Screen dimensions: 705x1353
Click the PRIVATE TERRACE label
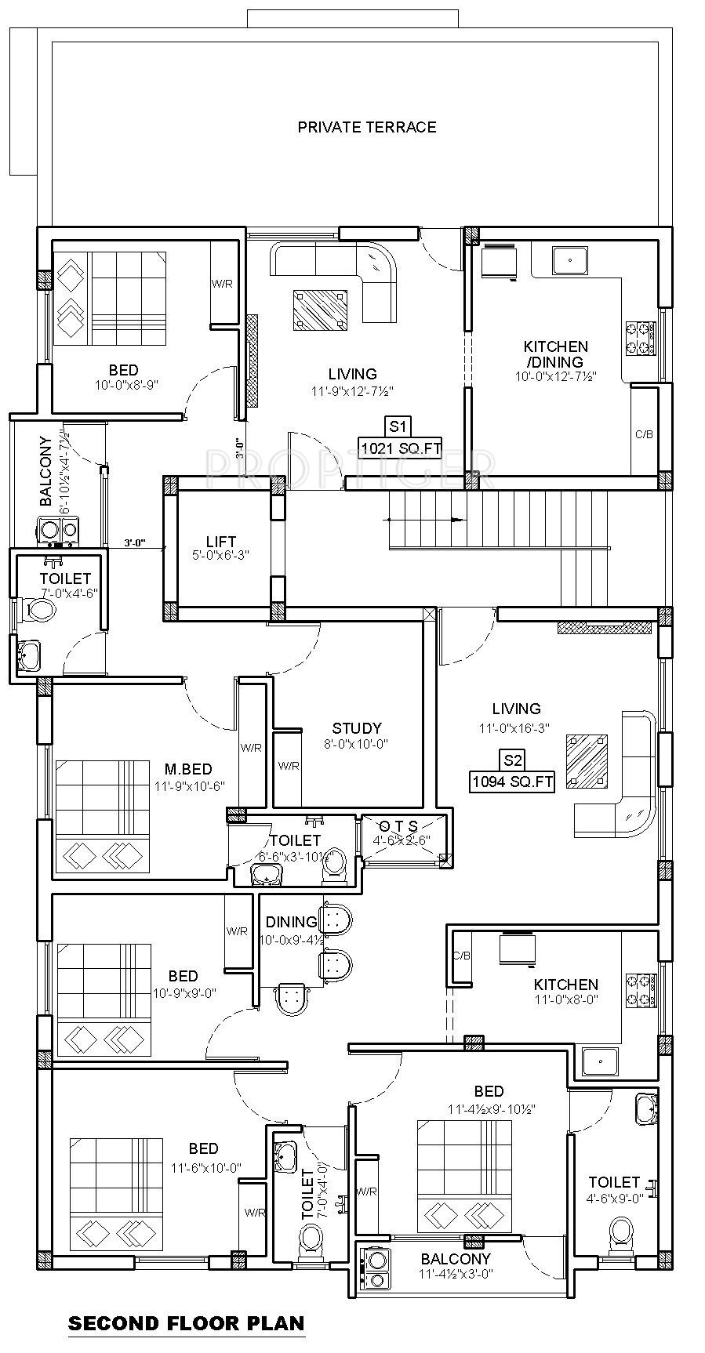coord(366,127)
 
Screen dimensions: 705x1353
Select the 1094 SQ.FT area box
coord(512,782)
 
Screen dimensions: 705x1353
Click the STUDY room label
coord(357,728)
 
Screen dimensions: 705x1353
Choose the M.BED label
coord(188,770)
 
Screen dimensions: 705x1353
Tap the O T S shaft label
coord(398,827)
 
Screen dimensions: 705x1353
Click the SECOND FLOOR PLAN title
coord(186,1324)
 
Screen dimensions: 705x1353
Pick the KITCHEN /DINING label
coord(556,354)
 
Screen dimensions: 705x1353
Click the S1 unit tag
coord(398,426)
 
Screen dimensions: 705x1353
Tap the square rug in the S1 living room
coord(321,310)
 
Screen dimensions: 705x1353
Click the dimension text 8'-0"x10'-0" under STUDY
coord(357,744)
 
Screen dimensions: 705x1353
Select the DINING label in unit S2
coord(291,922)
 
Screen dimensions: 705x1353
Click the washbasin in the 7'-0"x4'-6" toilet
coord(28,655)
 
